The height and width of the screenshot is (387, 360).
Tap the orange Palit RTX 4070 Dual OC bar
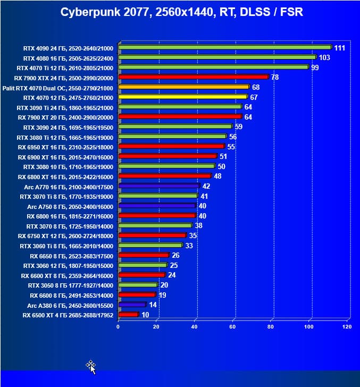[x=183, y=87]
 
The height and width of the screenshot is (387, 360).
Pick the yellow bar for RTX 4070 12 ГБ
[x=183, y=97]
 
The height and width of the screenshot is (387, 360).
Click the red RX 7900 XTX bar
[x=193, y=77]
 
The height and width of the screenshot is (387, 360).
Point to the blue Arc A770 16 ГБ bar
[x=159, y=186]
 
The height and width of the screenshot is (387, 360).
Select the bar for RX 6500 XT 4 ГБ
[x=128, y=315]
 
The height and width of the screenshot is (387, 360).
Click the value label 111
[x=340, y=48]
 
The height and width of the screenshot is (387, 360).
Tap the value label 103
[x=324, y=57]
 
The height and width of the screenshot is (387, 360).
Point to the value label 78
[x=275, y=77]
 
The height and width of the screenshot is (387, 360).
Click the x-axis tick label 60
[x=232, y=327]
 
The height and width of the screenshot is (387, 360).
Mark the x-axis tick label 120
[x=347, y=327]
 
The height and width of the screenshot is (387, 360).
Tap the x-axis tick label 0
[x=118, y=327]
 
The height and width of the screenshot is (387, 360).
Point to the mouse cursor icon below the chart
[x=91, y=366]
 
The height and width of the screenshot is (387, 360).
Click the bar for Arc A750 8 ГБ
[x=157, y=206]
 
